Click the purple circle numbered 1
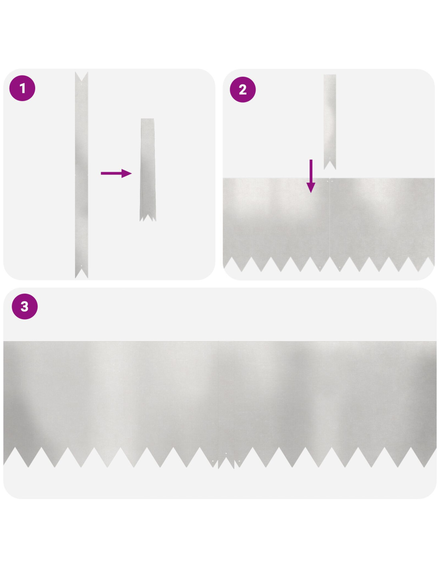point(22,88)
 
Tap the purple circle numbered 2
point(243,89)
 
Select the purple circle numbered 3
point(25,306)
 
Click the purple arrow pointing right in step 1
point(116,173)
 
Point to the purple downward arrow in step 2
point(311,176)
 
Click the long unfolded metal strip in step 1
point(82,175)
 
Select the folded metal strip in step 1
point(148,170)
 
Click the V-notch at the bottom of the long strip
point(82,273)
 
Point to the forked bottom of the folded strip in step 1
point(148,216)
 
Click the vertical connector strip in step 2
point(330,122)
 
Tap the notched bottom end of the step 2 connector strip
point(330,165)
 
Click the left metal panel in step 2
point(276,225)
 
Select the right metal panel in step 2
point(382,225)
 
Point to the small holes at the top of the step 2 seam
point(330,181)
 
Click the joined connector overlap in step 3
point(226,405)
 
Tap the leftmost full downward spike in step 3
point(28,457)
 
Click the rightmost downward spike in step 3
point(424,457)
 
